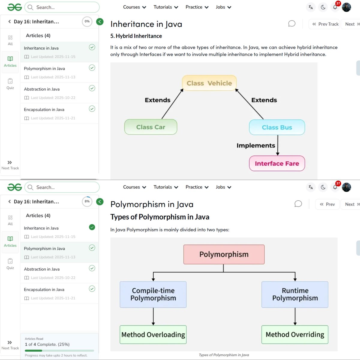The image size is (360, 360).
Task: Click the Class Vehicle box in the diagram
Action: [209, 83]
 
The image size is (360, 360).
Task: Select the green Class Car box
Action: [151, 127]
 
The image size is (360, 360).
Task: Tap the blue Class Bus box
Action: [277, 127]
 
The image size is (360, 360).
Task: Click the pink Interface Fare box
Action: [277, 163]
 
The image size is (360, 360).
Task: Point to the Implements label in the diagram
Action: [256, 145]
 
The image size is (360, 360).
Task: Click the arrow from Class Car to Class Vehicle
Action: [172, 104]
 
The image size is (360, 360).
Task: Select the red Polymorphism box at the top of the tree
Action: [224, 254]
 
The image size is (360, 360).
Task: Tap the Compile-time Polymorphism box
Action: [153, 294]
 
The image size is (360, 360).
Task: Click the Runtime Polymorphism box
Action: [295, 294]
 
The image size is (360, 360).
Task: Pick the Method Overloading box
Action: [153, 334]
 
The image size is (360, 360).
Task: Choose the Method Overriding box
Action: [295, 334]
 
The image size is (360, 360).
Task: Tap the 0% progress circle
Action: [87, 22]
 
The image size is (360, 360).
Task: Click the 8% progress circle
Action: [87, 202]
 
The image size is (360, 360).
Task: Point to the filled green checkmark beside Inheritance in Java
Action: [92, 227]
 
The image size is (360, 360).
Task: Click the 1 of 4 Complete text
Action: [47, 344]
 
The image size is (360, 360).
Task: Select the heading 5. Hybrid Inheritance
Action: [136, 36]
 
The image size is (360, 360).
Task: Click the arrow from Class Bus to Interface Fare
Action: [277, 145]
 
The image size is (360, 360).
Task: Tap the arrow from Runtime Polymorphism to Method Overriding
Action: [295, 316]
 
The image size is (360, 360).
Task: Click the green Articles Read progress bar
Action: [34, 350]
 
